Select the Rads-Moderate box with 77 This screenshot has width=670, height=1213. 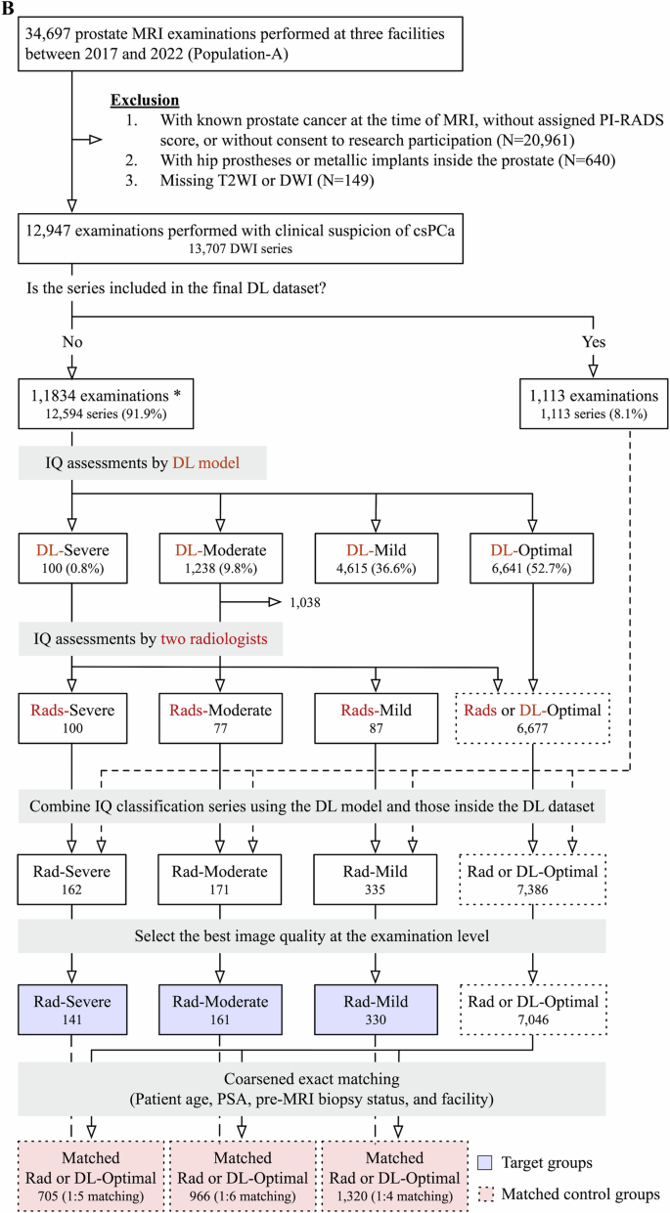(220, 719)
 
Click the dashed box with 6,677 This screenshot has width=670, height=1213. (532, 719)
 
